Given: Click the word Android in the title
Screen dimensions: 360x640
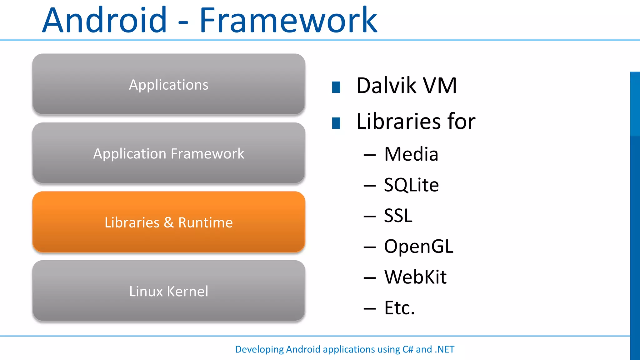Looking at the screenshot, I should [105, 21].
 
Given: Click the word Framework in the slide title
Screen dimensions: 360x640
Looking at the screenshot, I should [288, 21].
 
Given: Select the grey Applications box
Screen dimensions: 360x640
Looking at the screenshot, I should [169, 84].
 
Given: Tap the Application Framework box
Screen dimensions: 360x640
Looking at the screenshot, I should [169, 153].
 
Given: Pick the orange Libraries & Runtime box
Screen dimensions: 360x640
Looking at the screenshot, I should [169, 222].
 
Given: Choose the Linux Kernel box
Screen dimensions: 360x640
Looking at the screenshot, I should [169, 291].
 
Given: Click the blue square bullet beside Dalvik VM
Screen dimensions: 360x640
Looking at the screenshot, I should [336, 87].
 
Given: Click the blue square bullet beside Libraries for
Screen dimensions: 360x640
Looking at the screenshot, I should [336, 123].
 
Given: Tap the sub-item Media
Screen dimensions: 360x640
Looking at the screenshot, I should [411, 154].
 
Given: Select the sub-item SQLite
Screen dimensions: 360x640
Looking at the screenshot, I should [411, 185].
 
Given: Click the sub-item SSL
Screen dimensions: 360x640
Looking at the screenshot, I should [398, 216].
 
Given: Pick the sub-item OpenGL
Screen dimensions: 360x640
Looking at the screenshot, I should [418, 247].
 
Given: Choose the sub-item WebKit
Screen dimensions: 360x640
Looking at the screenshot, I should [415, 277].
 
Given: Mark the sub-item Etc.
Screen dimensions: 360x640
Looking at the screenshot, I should [399, 308].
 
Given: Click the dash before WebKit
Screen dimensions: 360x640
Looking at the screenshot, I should [370, 278].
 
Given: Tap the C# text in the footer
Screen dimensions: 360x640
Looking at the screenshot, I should [407, 349].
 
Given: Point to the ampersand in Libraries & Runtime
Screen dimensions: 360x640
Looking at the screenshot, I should [169, 222].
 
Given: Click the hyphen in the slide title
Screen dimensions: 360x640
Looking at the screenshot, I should [183, 22].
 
